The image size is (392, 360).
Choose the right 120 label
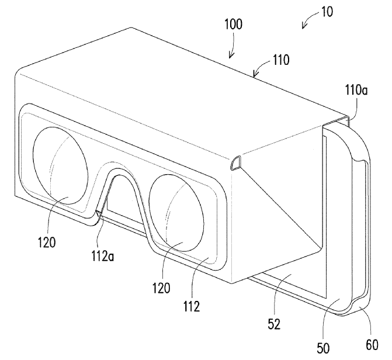tap(163, 287)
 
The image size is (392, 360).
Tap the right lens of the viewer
tap(177, 210)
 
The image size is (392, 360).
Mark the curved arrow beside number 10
tap(306, 23)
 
